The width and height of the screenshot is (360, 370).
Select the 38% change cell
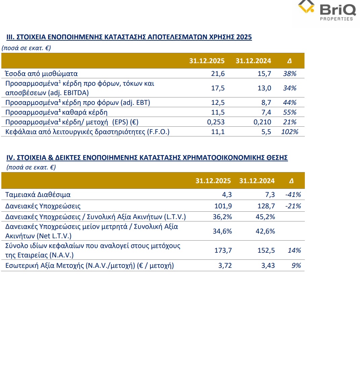(x=290, y=74)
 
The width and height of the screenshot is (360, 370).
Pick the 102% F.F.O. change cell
(x=289, y=132)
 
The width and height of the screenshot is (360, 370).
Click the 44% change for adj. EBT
(x=290, y=102)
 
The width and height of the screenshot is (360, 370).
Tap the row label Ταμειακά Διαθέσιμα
(x=38, y=195)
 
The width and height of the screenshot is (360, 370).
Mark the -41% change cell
(x=292, y=195)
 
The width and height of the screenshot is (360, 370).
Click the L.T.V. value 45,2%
(x=265, y=217)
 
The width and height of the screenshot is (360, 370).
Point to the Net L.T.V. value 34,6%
(x=222, y=231)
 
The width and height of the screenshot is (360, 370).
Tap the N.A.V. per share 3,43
(x=268, y=265)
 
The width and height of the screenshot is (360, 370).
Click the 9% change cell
(x=296, y=265)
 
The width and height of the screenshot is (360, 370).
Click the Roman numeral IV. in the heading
(x=10, y=158)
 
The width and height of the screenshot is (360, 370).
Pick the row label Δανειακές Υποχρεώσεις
(x=43, y=206)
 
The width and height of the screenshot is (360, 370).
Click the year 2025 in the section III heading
(x=244, y=37)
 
